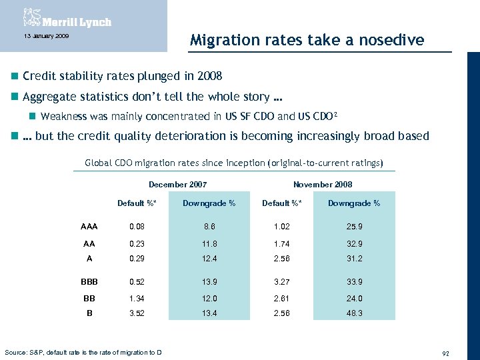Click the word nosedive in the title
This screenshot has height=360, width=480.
pos(392,40)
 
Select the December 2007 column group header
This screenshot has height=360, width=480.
pos(177,184)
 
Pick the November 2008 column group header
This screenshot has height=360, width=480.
pos(323,184)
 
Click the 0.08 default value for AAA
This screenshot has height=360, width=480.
pos(136,227)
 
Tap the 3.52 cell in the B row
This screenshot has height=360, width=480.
pos(136,313)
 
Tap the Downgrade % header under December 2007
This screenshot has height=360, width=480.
pos(209,203)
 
